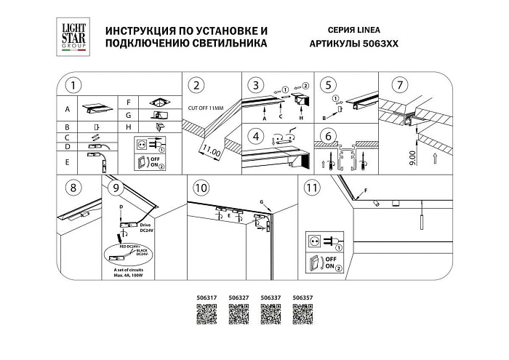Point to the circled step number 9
click(113, 188)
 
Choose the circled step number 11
click(311, 188)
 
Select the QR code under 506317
click(207, 314)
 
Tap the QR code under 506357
click(301, 314)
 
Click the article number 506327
click(239, 297)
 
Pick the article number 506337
click(270, 297)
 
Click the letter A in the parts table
click(67, 110)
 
